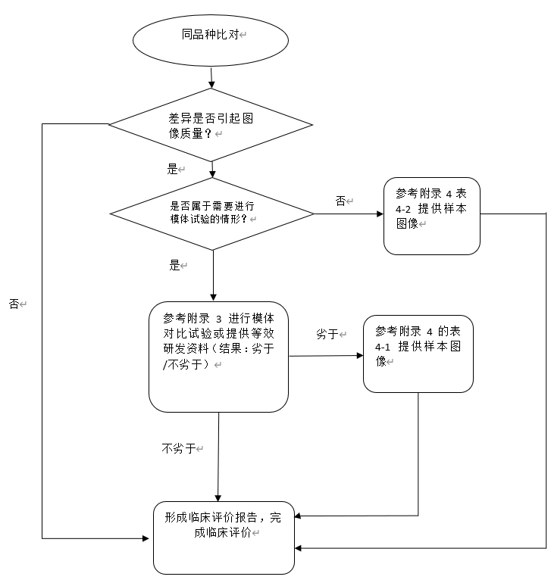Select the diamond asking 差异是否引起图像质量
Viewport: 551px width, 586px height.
tap(211, 124)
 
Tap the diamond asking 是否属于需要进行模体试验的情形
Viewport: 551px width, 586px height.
tap(211, 214)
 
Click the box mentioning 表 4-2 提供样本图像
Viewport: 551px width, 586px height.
tap(431, 216)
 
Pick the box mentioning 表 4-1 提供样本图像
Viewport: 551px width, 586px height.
tap(418, 354)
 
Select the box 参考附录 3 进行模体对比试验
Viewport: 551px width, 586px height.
tap(218, 356)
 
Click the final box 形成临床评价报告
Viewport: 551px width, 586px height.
tap(224, 537)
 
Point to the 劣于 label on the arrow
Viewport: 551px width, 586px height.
tap(327, 334)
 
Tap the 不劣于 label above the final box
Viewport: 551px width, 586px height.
tap(179, 448)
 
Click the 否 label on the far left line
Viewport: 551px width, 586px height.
tap(14, 304)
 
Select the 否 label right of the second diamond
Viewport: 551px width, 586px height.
tap(340, 201)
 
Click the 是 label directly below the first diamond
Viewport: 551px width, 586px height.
tap(172, 169)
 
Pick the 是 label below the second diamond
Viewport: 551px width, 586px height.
tap(174, 266)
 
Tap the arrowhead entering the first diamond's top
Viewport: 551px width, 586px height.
tap(211, 83)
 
